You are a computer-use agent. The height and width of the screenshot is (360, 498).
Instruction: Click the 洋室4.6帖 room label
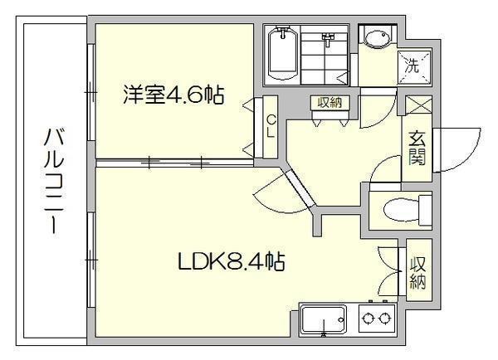tap(173, 95)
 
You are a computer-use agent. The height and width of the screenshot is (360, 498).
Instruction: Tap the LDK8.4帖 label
tap(232, 261)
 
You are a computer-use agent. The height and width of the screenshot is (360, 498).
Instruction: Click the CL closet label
tap(271, 126)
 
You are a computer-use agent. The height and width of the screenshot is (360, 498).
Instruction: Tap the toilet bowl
tap(402, 210)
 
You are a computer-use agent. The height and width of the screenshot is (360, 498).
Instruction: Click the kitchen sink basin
tap(323, 319)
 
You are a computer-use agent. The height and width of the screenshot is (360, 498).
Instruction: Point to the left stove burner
tap(368, 318)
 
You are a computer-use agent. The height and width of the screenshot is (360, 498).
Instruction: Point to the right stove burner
tap(385, 318)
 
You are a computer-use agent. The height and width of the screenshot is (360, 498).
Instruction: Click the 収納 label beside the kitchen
tap(418, 273)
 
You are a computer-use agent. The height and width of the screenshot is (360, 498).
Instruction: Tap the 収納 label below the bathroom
tap(330, 102)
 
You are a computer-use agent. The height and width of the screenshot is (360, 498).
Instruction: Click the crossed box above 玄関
tap(418, 105)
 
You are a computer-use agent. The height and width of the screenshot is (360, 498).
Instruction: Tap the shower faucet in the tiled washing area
tap(329, 39)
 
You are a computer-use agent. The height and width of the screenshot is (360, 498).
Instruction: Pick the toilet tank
tap(425, 210)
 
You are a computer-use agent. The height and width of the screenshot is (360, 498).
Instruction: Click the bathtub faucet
tap(282, 32)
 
